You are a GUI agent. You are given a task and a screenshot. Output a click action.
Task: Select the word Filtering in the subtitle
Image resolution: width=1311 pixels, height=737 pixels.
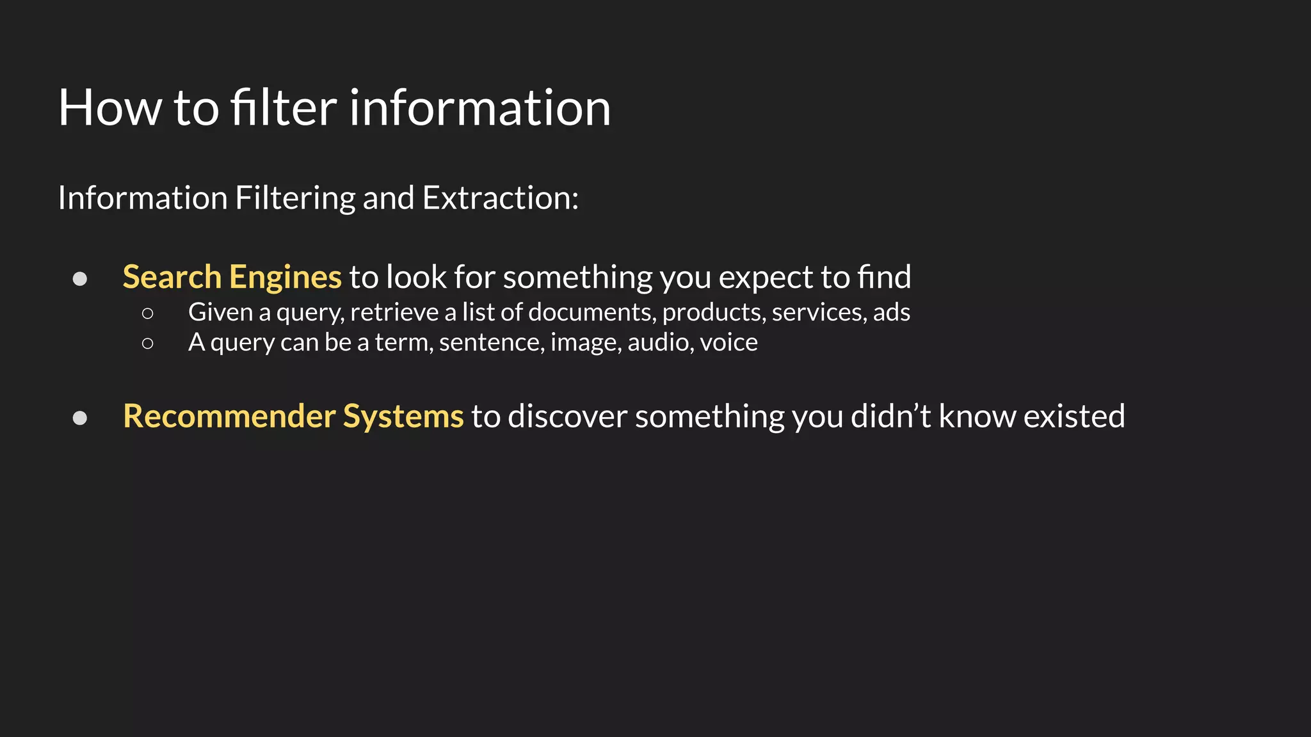(x=294, y=198)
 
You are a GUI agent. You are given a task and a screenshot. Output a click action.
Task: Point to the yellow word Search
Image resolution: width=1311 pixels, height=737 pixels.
(x=172, y=277)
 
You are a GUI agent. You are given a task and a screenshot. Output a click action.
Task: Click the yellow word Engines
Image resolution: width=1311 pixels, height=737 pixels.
(x=285, y=277)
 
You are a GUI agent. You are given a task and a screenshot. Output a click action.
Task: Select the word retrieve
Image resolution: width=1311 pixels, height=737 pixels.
(x=394, y=312)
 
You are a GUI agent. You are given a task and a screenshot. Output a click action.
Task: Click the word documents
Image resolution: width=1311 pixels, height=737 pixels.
(x=592, y=312)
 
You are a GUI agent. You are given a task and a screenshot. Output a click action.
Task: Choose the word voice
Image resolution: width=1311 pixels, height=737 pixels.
(x=728, y=342)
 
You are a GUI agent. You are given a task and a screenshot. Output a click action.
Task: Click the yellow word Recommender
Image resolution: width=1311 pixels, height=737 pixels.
(x=229, y=416)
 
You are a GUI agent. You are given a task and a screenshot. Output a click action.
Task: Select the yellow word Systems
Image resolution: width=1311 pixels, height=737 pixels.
(x=403, y=416)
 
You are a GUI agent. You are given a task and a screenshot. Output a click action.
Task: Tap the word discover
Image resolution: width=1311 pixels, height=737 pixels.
(x=567, y=416)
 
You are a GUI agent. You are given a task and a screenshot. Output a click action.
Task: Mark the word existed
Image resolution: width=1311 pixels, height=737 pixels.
(x=1074, y=416)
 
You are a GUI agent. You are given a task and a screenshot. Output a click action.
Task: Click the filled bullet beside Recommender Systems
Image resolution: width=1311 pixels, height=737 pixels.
(x=80, y=418)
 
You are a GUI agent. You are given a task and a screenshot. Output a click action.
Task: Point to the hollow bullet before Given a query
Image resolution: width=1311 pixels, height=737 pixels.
(x=148, y=313)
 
